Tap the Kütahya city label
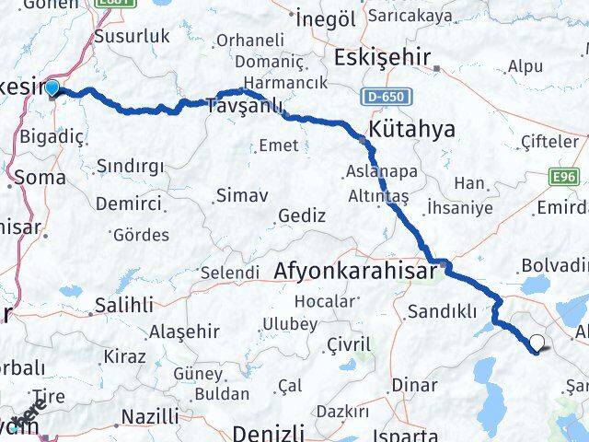410,129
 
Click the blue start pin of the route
52,88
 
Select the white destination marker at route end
537,343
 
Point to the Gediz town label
301,215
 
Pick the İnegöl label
327,17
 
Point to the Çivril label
349,344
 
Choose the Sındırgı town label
130,166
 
